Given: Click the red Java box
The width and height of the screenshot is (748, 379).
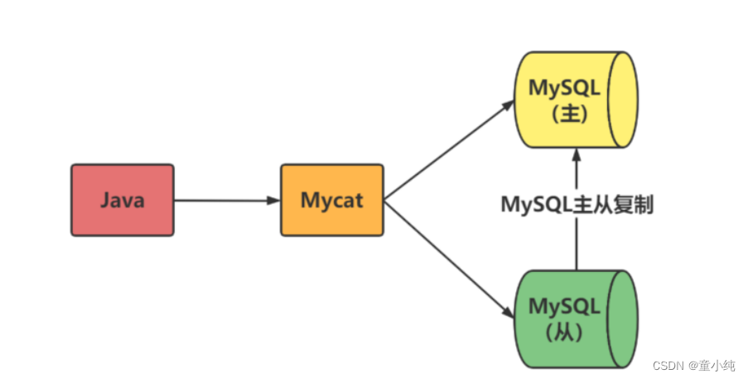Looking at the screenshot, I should pos(122,200).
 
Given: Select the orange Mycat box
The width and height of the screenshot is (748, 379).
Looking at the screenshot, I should pos(331,200).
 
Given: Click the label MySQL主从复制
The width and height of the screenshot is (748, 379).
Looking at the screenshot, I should pos(577,205).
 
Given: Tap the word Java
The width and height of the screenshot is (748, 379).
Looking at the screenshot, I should pos(122,200).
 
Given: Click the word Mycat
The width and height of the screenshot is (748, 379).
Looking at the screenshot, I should pos(331,200).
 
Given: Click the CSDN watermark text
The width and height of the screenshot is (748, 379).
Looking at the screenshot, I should pos(667,365).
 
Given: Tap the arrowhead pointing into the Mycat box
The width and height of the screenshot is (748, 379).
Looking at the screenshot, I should pos(273,200).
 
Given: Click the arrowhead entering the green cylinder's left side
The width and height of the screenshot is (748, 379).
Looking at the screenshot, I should pos(508,315).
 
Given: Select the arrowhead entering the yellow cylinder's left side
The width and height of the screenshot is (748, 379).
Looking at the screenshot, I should pos(508,104).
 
